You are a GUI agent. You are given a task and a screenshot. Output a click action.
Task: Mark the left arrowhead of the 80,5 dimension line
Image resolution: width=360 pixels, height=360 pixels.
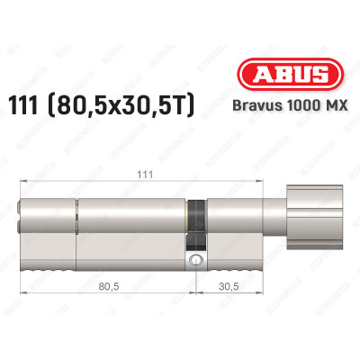(24, 300)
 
